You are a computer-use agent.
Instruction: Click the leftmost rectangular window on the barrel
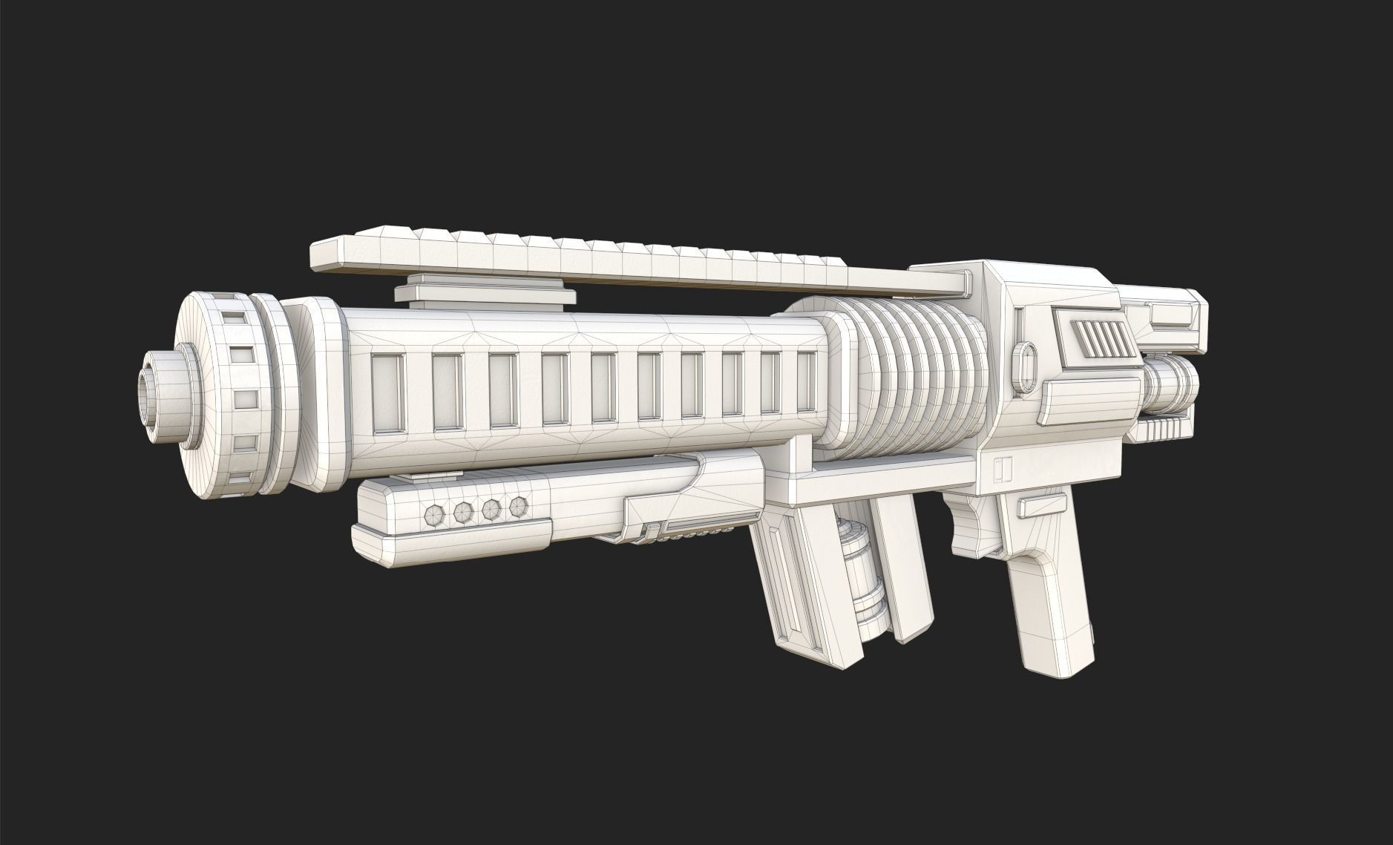[388, 391]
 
